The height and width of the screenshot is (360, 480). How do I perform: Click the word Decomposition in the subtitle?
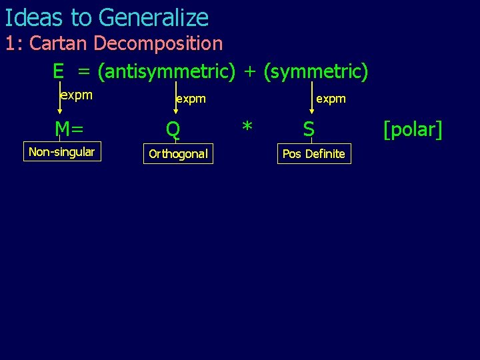[x=158, y=44]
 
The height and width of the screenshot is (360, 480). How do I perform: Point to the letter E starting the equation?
[x=59, y=71]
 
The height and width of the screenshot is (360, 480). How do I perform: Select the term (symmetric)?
[x=315, y=71]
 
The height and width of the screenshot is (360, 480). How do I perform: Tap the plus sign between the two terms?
[x=249, y=71]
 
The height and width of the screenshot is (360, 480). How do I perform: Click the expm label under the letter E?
[x=76, y=95]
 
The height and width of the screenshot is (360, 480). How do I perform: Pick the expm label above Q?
[x=191, y=99]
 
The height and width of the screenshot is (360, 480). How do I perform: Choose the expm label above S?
[x=331, y=99]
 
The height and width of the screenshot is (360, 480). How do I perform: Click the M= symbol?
[x=69, y=129]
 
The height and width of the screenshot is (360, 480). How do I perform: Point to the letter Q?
[x=173, y=129]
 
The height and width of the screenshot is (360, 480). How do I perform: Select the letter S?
[x=309, y=129]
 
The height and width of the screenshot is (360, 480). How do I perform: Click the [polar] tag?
[x=413, y=129]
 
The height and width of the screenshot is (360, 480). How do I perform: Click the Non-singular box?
[x=62, y=152]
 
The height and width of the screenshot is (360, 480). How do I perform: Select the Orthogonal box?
[x=178, y=154]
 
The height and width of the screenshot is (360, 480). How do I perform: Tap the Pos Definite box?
[x=313, y=154]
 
